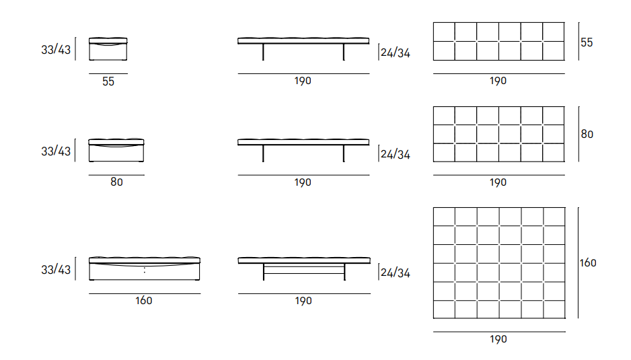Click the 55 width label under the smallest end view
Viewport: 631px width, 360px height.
coord(108,81)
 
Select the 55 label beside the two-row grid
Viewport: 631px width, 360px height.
coord(587,42)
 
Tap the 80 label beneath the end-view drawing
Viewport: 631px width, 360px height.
coord(116,182)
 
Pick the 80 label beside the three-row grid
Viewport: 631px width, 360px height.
coord(587,134)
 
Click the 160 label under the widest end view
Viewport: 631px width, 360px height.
coord(144,300)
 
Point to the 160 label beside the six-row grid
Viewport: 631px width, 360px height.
coord(588,263)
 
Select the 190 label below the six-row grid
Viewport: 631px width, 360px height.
coord(498,339)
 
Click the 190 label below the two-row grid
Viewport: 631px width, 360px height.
coord(498,81)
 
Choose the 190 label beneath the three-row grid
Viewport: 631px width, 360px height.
coord(498,182)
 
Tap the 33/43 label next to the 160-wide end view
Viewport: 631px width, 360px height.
coord(56,269)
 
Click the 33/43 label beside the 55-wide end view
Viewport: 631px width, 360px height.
coord(56,50)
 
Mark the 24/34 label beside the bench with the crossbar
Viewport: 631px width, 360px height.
coord(396,273)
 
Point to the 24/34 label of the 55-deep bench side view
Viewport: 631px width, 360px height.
coord(396,52)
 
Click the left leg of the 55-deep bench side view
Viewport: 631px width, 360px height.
coord(263,52)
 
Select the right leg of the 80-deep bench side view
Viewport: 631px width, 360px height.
coord(344,153)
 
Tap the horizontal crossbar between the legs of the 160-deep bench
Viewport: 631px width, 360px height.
coord(304,273)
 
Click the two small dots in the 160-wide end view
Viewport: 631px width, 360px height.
coord(145,270)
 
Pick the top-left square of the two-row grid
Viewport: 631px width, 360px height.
coord(444,32)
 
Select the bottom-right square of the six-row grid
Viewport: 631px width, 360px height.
coord(554,310)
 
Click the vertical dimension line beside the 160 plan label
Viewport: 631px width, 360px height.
coord(579,263)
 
